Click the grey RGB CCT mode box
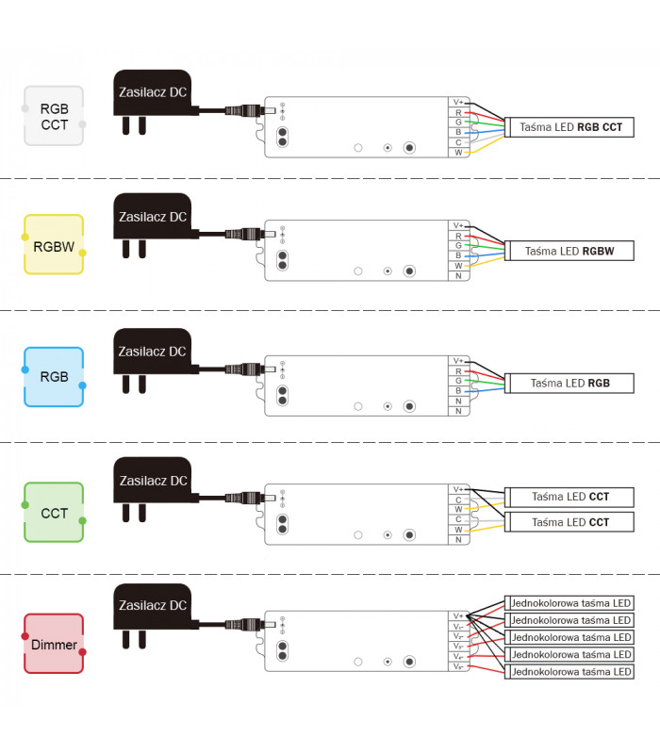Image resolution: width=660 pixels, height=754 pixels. [x=54, y=115]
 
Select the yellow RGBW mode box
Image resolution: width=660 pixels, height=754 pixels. [x=54, y=244]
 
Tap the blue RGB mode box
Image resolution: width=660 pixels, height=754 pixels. [x=54, y=376]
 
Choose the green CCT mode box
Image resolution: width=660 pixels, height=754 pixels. [x=54, y=512]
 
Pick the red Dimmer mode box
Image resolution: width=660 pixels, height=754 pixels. [x=54, y=644]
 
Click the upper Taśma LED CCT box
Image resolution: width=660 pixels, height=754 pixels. [x=570, y=497]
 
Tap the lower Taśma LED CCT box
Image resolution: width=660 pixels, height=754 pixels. [x=570, y=522]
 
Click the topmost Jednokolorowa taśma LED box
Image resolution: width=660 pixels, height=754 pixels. [x=570, y=603]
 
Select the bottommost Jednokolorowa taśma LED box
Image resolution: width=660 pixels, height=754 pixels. [x=570, y=672]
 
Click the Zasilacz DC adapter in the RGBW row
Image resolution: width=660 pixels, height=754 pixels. [x=151, y=218]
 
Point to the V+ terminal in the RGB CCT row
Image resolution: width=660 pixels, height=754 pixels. [x=458, y=102]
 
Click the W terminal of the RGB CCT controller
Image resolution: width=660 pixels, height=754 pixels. [x=458, y=152]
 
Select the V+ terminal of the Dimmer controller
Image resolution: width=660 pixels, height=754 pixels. [x=458, y=616]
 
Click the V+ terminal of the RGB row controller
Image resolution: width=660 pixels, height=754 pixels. [x=458, y=361]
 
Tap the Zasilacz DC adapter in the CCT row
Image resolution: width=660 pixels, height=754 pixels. [x=151, y=482]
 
